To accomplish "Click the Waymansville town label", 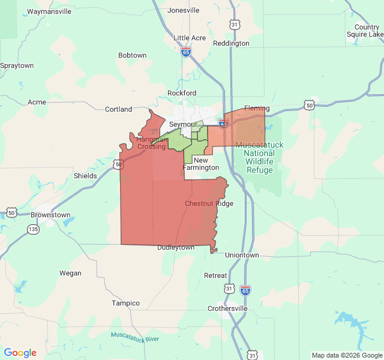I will (x=49, y=11).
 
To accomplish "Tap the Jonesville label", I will (x=184, y=10).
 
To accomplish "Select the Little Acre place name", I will (x=190, y=38).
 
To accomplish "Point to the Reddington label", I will (x=231, y=43).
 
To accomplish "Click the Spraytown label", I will (x=17, y=65).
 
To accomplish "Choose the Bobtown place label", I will (x=132, y=55).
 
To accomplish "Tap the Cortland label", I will (x=118, y=109).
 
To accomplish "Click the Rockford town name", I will (x=182, y=93).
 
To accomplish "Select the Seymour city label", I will (x=183, y=124).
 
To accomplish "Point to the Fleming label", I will (x=257, y=109).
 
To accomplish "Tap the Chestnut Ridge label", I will (x=209, y=203).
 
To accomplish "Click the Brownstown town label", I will (x=50, y=214).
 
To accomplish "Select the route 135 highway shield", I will (x=33, y=229).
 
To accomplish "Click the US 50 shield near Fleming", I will (x=309, y=106).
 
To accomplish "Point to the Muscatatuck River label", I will (x=135, y=337).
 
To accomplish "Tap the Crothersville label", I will (x=227, y=308).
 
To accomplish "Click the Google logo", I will (x=20, y=353).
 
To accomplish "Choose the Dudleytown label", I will (x=176, y=247).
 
